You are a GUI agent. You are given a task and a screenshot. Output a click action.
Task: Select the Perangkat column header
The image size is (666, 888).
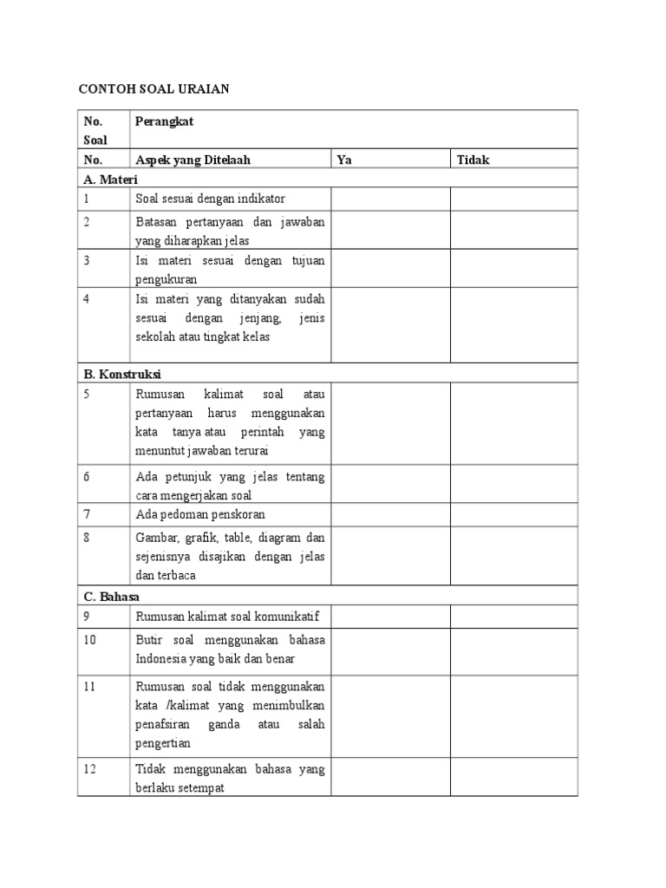(164, 121)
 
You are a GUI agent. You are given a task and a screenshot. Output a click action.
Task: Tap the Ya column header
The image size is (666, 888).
(344, 160)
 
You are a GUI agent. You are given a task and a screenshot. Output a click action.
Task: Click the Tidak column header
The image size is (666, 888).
(473, 160)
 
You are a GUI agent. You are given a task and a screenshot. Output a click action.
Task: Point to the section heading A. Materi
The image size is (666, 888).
(111, 180)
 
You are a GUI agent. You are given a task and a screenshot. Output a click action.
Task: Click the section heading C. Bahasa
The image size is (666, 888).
(113, 597)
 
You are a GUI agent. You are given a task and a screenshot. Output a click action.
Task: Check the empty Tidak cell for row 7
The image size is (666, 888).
(513, 514)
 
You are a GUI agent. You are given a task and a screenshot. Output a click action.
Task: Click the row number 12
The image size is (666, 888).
(91, 769)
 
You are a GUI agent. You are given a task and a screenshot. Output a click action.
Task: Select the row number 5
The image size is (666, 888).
(88, 394)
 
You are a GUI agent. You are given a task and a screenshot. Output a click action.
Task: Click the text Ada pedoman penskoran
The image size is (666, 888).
(200, 514)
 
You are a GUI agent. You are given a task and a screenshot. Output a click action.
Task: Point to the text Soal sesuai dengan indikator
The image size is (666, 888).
(210, 199)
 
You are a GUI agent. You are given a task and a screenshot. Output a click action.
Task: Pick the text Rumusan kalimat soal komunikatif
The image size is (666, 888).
(227, 617)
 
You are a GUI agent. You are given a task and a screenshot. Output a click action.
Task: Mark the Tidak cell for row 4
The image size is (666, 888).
(513, 325)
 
